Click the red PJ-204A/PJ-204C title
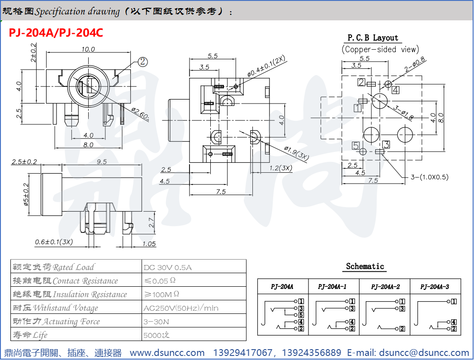56,33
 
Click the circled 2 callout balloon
143,62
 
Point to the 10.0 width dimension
88,49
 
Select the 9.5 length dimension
102,161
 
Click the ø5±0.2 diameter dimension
26,194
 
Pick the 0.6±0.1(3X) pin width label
54,242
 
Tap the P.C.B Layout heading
373,38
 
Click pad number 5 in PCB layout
356,146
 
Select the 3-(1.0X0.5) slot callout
429,177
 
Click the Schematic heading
365,266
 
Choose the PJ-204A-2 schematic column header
385,287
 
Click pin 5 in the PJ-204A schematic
301,314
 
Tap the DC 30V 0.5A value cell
167,267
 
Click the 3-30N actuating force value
156,322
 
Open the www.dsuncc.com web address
167,352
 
